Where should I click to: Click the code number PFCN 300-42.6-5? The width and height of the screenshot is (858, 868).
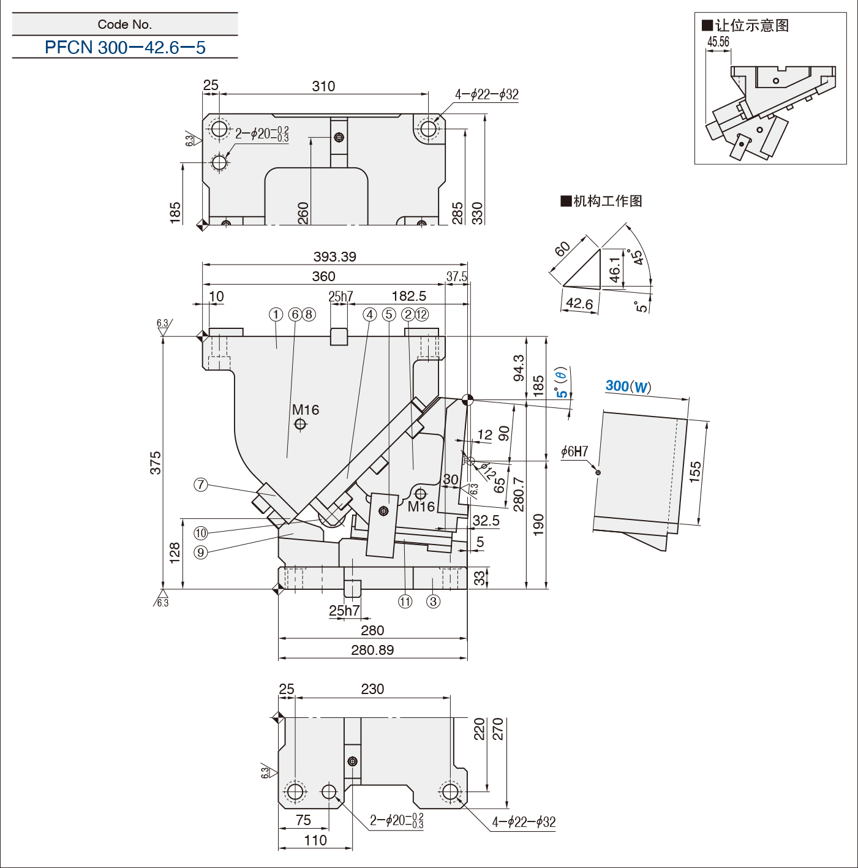pyautogui.click(x=125, y=47)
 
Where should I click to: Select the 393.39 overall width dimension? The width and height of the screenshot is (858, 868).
pyautogui.click(x=334, y=257)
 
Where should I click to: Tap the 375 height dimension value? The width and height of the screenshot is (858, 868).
pyautogui.click(x=156, y=462)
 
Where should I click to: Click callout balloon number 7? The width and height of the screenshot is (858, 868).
pyautogui.click(x=200, y=485)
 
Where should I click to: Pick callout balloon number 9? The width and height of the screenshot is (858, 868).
pyautogui.click(x=200, y=553)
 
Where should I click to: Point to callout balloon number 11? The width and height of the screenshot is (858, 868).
pyautogui.click(x=405, y=602)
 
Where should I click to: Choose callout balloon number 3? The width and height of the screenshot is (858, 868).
pyautogui.click(x=433, y=602)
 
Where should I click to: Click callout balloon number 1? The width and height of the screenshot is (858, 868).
pyautogui.click(x=276, y=314)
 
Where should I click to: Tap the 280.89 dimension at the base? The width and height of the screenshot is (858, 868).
pyautogui.click(x=372, y=650)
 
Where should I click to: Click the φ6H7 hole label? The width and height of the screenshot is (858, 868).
pyautogui.click(x=574, y=451)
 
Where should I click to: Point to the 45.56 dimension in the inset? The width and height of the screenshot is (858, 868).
pyautogui.click(x=718, y=42)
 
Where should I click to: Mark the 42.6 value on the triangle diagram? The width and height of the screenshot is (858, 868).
pyautogui.click(x=579, y=303)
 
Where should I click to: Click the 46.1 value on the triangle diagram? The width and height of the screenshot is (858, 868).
pyautogui.click(x=614, y=270)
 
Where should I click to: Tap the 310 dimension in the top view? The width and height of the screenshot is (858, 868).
pyautogui.click(x=323, y=86)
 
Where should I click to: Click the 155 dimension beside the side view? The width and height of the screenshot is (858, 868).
pyautogui.click(x=695, y=472)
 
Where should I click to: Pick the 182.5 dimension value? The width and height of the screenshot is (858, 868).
pyautogui.click(x=409, y=296)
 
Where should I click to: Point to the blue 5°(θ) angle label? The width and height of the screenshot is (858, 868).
pyautogui.click(x=562, y=383)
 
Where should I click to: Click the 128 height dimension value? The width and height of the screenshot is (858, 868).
pyautogui.click(x=175, y=553)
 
